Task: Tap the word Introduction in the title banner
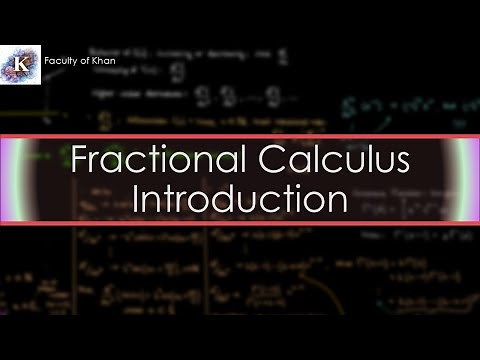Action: (x=240, y=197)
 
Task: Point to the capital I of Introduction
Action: (x=138, y=197)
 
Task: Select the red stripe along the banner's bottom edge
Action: (x=240, y=223)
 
